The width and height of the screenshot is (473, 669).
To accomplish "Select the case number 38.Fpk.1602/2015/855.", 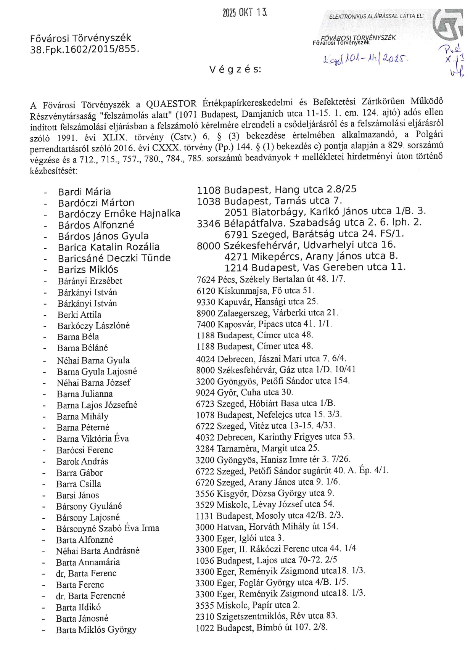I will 85,49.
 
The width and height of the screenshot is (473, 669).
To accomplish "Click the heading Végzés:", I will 235,69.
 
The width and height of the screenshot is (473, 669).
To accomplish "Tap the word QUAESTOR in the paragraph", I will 171,103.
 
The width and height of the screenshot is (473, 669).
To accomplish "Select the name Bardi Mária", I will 84,192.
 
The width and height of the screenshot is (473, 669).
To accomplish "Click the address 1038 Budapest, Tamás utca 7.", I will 269,201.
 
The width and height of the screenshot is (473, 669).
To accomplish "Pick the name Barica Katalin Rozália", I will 109,247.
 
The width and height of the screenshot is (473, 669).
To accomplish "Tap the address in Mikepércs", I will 311,256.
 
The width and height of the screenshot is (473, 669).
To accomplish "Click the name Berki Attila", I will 79,315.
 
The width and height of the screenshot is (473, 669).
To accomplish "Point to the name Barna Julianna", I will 85,394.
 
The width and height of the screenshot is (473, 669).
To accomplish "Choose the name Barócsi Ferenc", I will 85,450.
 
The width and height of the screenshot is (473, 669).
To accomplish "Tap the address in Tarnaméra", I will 257,448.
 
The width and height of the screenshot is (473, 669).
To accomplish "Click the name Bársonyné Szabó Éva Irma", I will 108,528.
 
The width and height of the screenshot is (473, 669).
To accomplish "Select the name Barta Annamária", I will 88,562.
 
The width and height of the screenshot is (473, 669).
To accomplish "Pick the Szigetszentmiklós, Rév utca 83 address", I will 266,616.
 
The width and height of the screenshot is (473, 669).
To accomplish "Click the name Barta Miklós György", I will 96,630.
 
